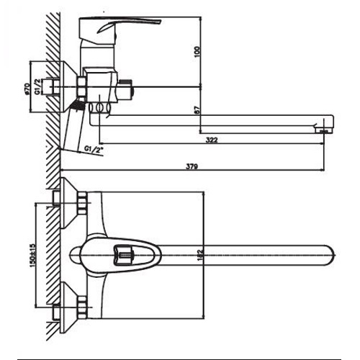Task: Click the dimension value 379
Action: click(x=192, y=167)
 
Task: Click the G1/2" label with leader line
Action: click(x=94, y=149)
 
